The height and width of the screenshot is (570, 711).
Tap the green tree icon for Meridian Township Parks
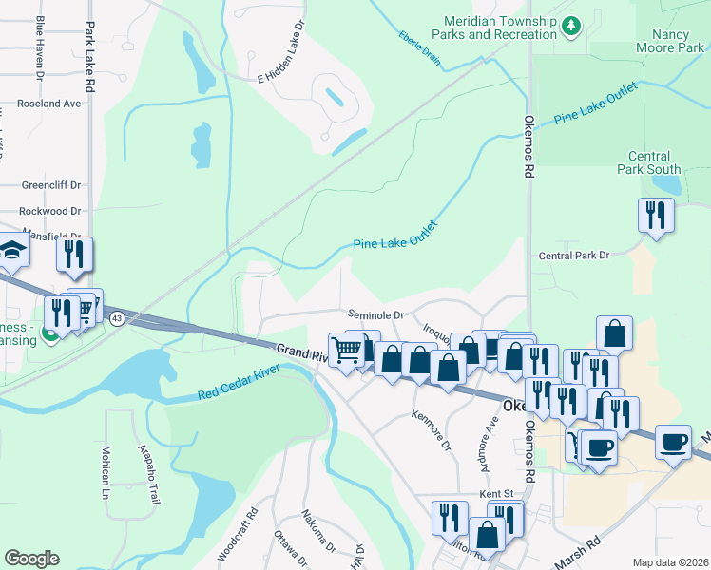point(571,26)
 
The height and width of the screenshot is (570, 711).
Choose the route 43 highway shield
point(117,316)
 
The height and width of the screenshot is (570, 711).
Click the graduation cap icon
point(14,249)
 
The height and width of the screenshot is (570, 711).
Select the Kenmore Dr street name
point(431,428)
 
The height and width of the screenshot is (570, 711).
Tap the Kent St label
point(496,494)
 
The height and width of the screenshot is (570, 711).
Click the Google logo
point(31,559)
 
